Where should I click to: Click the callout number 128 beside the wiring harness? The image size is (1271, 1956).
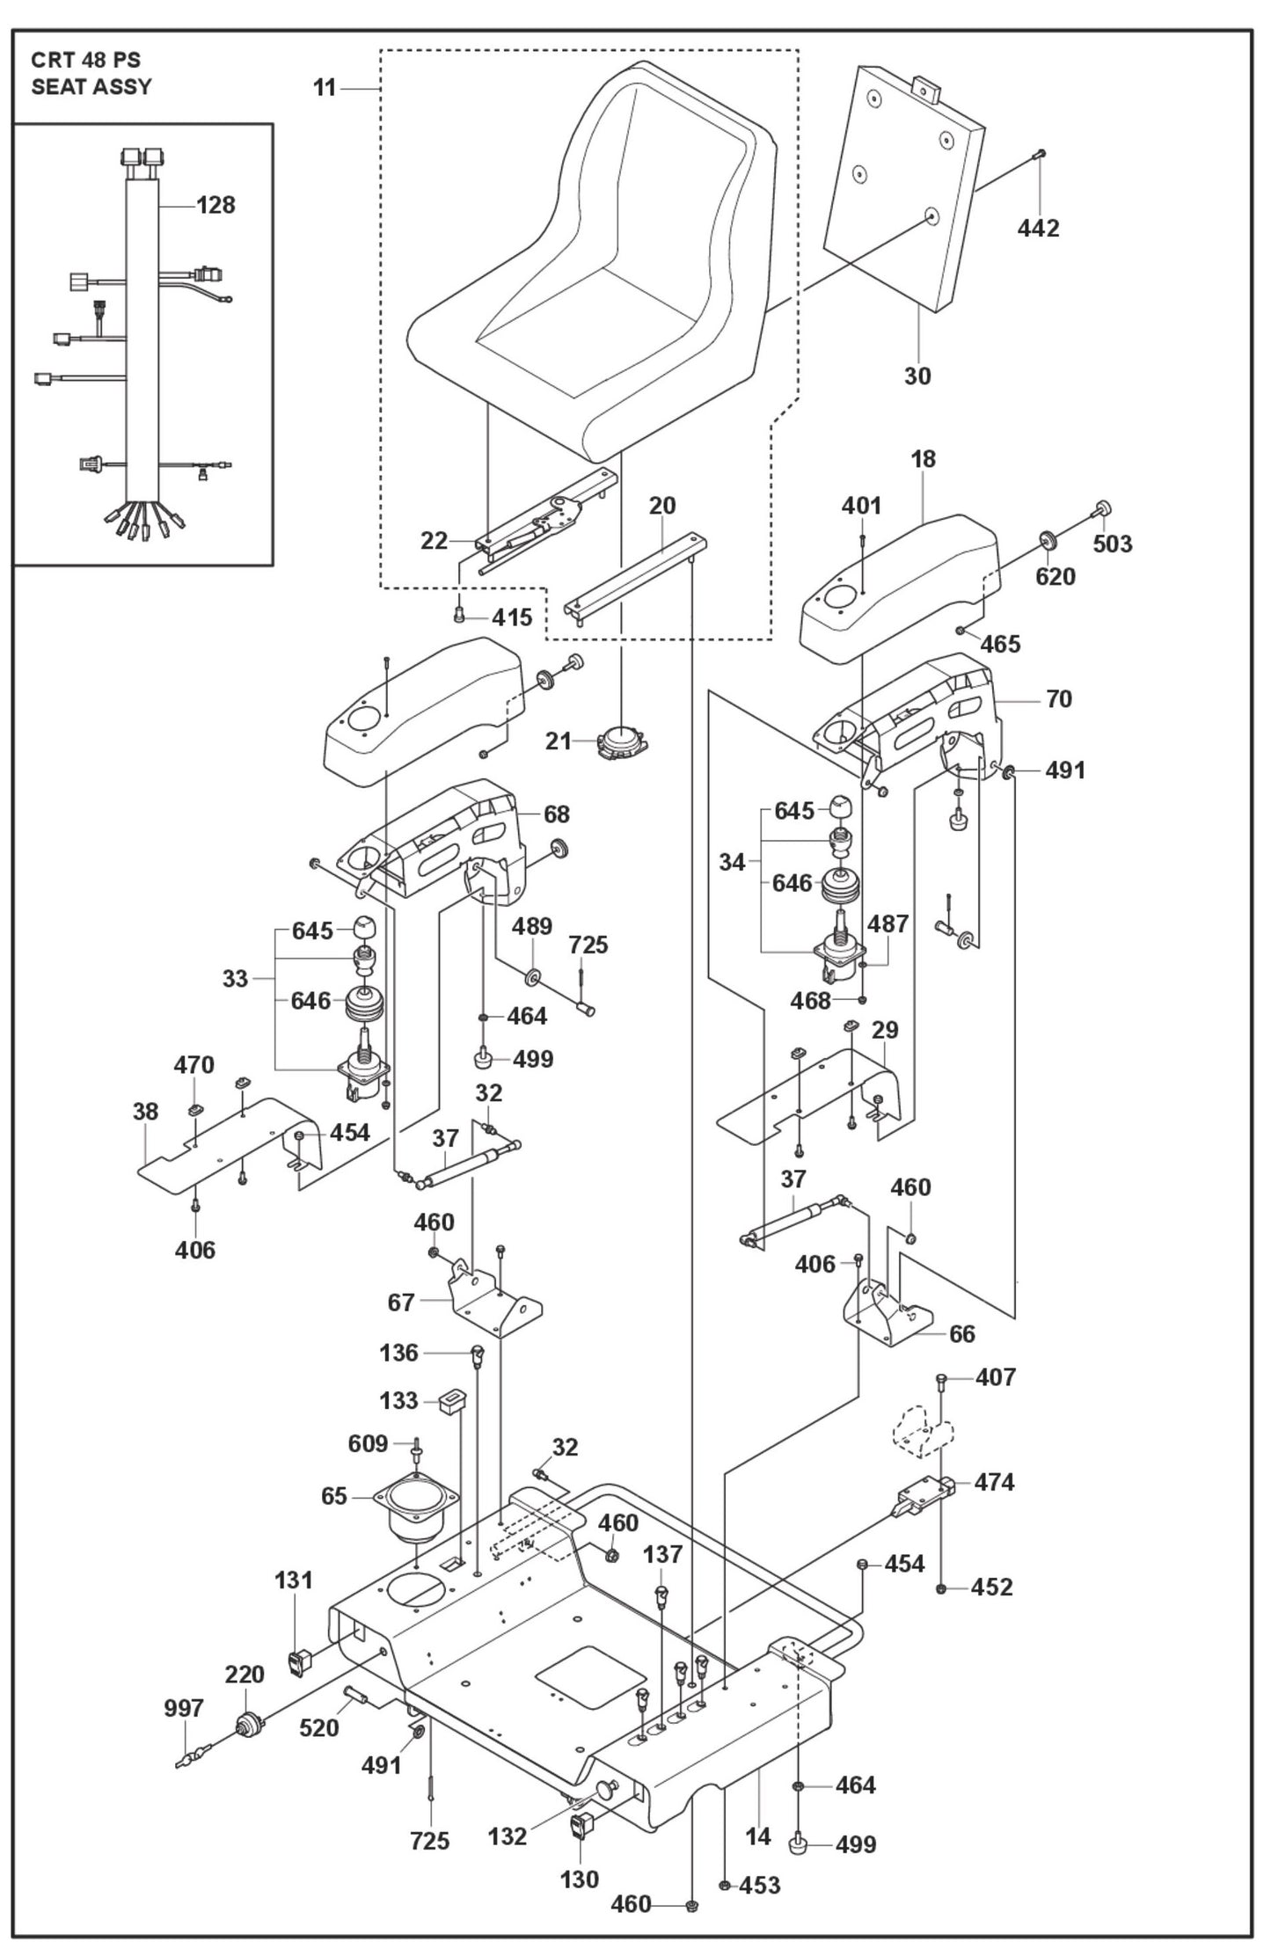click(x=215, y=205)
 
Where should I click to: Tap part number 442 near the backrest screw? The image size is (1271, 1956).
click(x=1038, y=229)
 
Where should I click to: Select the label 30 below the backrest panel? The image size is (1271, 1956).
click(x=917, y=376)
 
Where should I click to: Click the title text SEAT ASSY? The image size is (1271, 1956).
click(x=91, y=86)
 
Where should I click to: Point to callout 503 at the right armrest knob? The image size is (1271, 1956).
click(x=1112, y=544)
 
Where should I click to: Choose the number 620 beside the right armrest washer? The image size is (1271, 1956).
click(x=1055, y=577)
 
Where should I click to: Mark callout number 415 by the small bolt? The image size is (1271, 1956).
click(x=512, y=617)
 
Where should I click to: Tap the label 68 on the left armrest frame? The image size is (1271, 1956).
click(x=556, y=814)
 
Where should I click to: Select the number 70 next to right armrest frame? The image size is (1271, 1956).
click(x=1058, y=699)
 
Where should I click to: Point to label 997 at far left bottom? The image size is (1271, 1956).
click(x=183, y=1709)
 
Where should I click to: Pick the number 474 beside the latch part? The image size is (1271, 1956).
click(x=993, y=1483)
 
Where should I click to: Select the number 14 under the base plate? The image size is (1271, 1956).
click(x=757, y=1836)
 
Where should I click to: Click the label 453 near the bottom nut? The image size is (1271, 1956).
click(x=759, y=1886)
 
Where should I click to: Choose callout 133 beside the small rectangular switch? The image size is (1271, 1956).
click(x=398, y=1401)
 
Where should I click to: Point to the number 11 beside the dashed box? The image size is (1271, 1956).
click(x=325, y=89)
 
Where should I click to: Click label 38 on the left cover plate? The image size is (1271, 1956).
click(x=145, y=1112)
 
